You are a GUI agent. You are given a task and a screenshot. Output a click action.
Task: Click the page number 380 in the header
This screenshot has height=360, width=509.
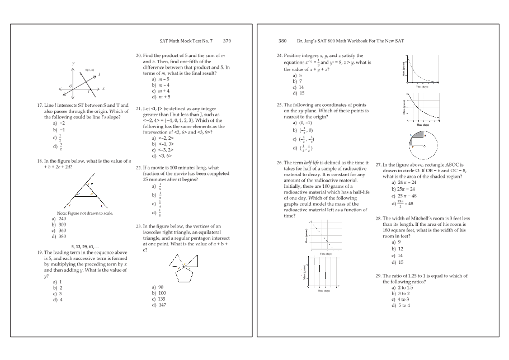(282, 41)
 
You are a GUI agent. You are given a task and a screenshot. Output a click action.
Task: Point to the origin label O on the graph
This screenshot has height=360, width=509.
(70, 86)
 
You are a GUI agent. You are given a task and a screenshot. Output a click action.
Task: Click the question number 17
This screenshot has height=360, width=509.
(39, 105)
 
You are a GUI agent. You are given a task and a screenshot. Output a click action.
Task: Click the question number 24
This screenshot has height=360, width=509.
(279, 56)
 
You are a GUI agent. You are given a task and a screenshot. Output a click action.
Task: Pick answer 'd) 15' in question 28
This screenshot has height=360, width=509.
(398, 262)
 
